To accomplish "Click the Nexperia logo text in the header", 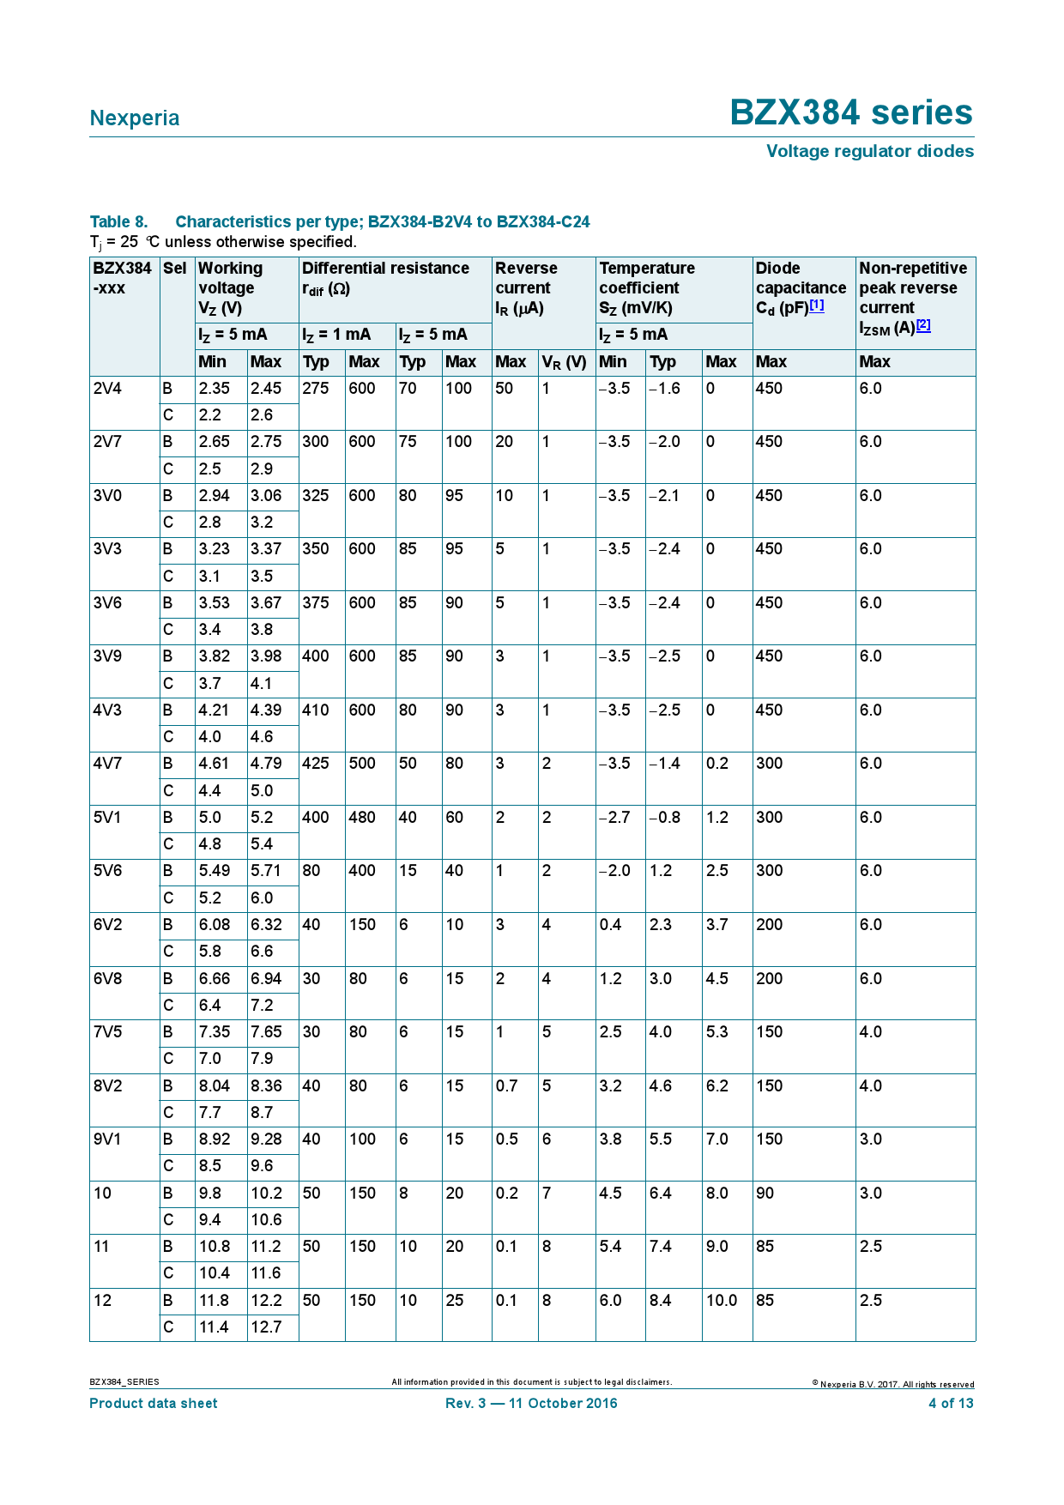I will tap(135, 118).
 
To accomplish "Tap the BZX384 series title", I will tap(850, 113).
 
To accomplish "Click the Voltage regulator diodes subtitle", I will tap(869, 151).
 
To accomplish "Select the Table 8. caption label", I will tap(118, 222).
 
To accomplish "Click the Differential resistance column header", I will tap(385, 269).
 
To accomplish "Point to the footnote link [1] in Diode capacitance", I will tap(817, 305).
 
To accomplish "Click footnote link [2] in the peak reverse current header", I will tap(923, 325).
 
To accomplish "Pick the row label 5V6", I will tap(108, 871).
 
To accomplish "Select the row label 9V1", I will tap(108, 1139).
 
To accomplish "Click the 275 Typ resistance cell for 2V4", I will tap(316, 389).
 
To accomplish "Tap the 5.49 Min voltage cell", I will tap(215, 871).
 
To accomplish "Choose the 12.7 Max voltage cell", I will tap(267, 1327).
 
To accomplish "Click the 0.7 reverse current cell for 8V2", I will tap(507, 1086).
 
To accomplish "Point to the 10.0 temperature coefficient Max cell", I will tap(722, 1301).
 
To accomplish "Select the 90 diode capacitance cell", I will tap(765, 1194).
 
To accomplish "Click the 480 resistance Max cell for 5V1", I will tap(362, 818).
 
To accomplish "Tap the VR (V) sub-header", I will tap(565, 362).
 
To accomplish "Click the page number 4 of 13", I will tap(951, 1404).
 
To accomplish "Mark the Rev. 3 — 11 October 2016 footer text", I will tap(531, 1404).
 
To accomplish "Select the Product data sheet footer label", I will tap(154, 1404).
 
